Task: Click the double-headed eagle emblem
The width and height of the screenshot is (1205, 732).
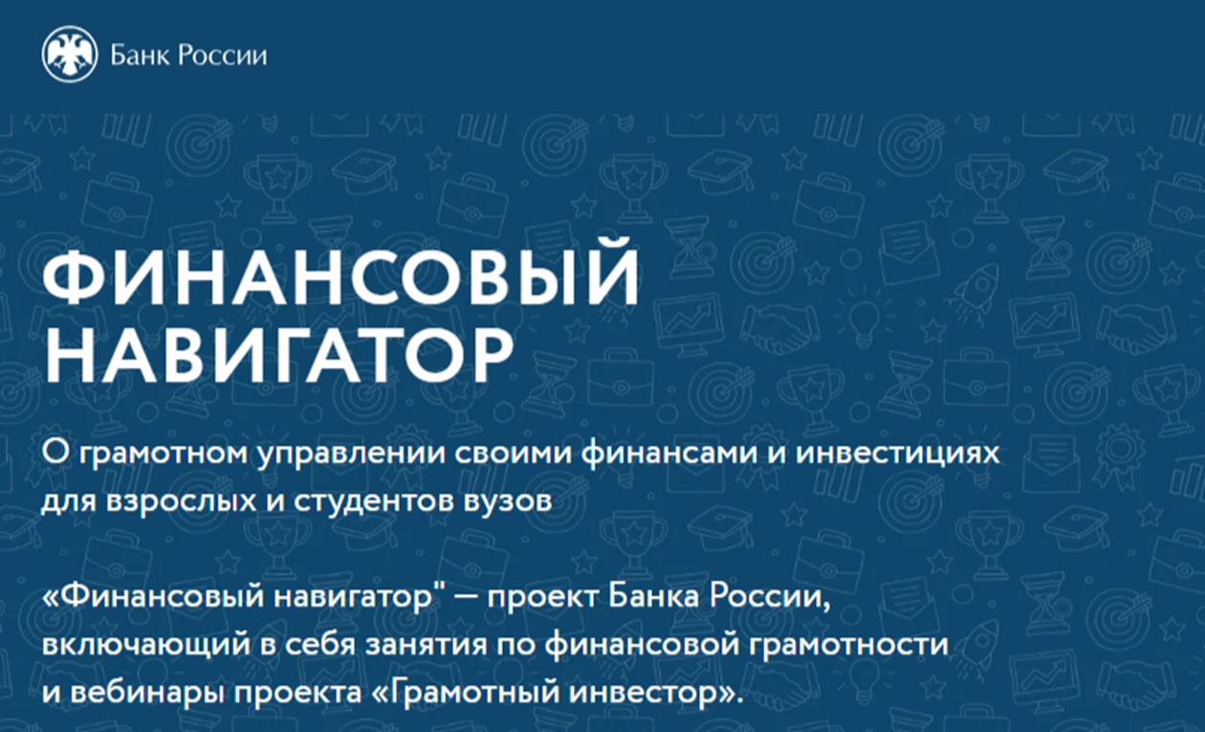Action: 70,55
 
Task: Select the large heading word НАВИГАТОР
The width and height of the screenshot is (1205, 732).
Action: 278,355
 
